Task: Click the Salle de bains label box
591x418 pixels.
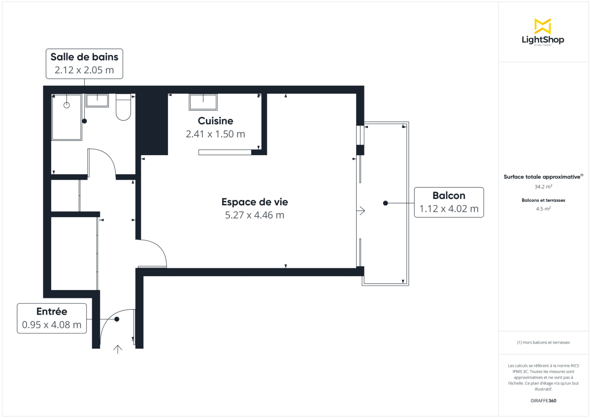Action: [84, 64]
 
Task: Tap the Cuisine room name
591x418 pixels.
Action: [215, 121]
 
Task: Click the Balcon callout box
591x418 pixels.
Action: [449, 202]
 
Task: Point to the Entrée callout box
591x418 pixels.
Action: [52, 318]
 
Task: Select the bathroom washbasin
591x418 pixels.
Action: [97, 100]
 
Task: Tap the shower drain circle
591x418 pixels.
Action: [67, 105]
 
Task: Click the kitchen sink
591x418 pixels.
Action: [203, 102]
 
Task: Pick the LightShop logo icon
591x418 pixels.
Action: [542, 26]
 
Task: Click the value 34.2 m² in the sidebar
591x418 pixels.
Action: [543, 187]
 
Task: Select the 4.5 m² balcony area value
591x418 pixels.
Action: [543, 208]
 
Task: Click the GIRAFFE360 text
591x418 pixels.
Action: [543, 401]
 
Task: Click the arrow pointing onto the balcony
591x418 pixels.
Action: [361, 211]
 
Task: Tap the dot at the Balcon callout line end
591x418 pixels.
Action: [386, 203]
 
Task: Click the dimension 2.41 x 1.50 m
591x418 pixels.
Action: [215, 134]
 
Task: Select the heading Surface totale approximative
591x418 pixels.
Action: [542, 176]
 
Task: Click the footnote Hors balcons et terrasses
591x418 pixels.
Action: [543, 342]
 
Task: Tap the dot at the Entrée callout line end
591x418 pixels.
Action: [117, 319]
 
